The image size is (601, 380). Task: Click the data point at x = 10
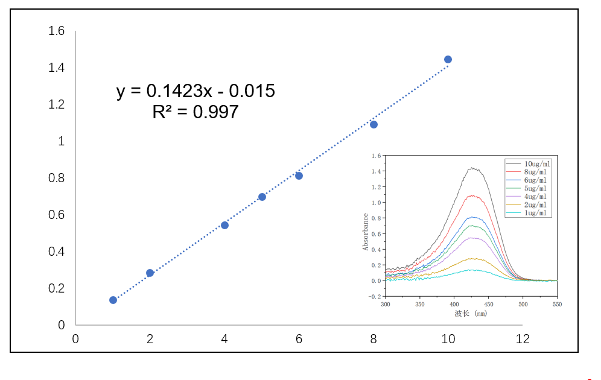[448, 59]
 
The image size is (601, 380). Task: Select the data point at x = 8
[374, 124]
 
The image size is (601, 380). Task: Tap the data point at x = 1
[113, 300]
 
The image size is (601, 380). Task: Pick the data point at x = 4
[224, 225]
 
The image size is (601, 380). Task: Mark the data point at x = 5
[262, 197]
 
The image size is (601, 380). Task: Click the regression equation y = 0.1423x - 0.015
[196, 91]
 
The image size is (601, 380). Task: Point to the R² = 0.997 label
[196, 112]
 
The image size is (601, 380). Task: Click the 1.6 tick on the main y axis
[57, 31]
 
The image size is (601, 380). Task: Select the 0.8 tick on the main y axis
[57, 178]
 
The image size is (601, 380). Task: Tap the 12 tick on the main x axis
[523, 339]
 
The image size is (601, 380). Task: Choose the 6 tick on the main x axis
[299, 339]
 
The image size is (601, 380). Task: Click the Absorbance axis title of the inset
[366, 232]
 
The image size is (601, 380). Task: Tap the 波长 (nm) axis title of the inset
[471, 314]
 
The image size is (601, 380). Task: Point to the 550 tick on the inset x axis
[557, 304]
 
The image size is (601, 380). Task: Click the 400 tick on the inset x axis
[454, 304]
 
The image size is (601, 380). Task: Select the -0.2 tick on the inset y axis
[375, 296]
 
